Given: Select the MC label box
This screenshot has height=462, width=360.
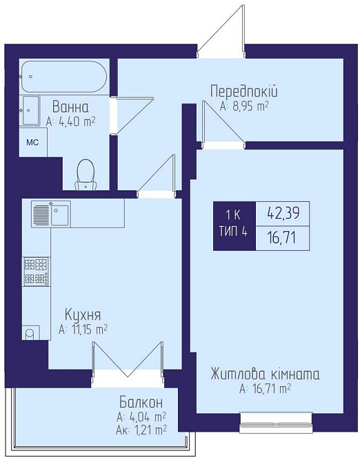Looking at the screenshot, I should (x=32, y=143).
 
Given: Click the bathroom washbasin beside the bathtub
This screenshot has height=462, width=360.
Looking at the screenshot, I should (x=32, y=110).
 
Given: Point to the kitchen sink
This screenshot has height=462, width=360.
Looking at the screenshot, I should (x=50, y=214).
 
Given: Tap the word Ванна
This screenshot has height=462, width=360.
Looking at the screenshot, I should (x=70, y=107).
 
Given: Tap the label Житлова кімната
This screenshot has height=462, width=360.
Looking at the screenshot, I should (x=266, y=374).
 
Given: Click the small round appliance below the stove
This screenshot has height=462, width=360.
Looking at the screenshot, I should (x=29, y=334).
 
